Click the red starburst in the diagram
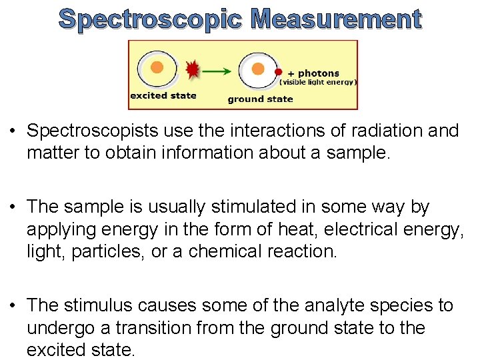click(193, 69)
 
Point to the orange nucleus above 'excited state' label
click(157, 67)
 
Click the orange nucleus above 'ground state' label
click(256, 68)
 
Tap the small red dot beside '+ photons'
click(279, 72)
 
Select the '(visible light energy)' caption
click(319, 83)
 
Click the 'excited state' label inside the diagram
click(163, 95)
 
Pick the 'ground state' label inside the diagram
click(260, 99)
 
